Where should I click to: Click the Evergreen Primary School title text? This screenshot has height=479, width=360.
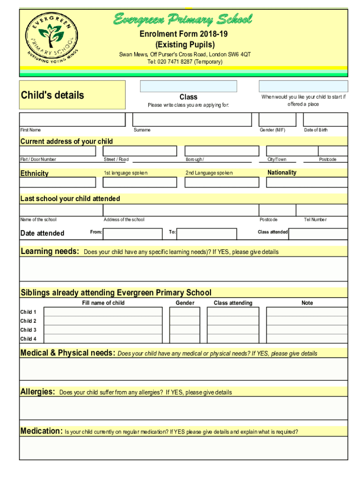click(x=183, y=20)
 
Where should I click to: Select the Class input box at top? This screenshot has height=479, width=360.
click(x=188, y=86)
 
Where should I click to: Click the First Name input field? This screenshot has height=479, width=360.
click(x=72, y=119)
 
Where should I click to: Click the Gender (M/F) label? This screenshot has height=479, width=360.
click(x=273, y=130)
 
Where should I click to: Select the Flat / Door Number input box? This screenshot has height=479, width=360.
click(x=58, y=151)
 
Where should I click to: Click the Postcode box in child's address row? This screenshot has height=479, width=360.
click(x=333, y=151)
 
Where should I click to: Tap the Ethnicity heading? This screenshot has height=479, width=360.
click(x=34, y=174)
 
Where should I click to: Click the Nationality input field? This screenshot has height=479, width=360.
click(x=306, y=182)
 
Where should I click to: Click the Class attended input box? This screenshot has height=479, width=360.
click(x=318, y=233)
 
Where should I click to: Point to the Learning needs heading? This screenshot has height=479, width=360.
click(x=50, y=252)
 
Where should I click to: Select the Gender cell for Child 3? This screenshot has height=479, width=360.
click(x=185, y=330)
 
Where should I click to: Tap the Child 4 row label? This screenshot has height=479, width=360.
click(x=29, y=339)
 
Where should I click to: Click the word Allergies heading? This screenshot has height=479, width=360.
click(x=38, y=392)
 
